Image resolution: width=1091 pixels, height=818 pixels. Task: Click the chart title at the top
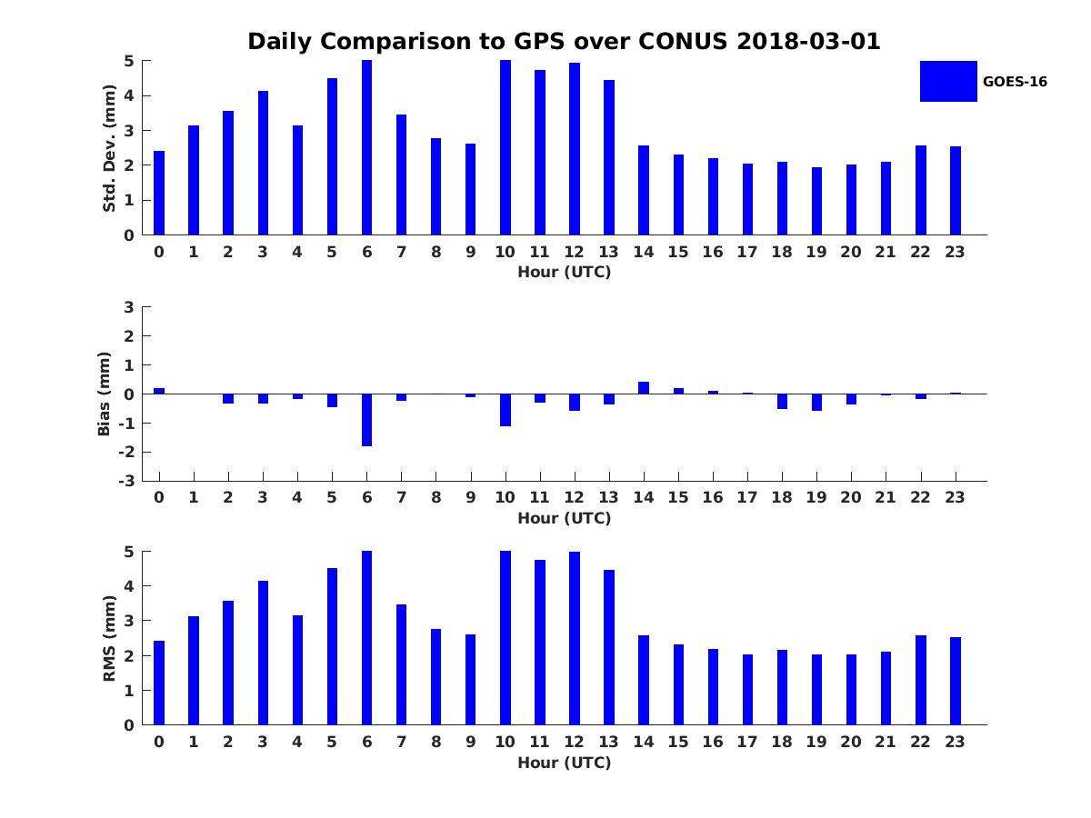click(564, 42)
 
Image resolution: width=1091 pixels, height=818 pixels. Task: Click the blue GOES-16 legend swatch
click(948, 81)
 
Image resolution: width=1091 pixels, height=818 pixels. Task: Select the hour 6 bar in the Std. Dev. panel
click(366, 147)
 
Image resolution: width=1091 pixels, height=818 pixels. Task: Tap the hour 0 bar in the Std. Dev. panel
click(159, 193)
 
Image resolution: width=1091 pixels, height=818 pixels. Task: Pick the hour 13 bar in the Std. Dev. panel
click(609, 157)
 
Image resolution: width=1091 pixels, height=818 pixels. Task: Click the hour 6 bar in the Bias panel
click(366, 420)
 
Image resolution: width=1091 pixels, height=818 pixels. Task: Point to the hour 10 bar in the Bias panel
click(505, 410)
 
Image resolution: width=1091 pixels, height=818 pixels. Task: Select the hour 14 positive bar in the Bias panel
click(644, 388)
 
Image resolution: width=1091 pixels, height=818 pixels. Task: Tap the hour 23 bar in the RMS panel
click(956, 681)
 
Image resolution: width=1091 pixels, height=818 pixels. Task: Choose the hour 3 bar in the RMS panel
click(263, 653)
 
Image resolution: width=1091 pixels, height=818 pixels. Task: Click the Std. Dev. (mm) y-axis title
click(110, 148)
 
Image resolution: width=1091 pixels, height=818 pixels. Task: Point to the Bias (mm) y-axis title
click(105, 394)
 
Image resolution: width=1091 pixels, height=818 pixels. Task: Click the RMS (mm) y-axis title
click(110, 638)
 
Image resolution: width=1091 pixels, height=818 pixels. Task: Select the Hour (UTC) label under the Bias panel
click(564, 518)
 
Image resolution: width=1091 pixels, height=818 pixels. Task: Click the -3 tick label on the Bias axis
click(128, 481)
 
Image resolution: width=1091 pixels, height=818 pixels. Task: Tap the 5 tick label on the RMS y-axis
click(128, 552)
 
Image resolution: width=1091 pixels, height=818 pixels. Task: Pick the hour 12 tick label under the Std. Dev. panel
click(575, 252)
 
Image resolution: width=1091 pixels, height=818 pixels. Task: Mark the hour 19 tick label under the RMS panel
click(816, 742)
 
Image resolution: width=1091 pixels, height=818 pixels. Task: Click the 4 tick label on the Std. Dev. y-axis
click(128, 95)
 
